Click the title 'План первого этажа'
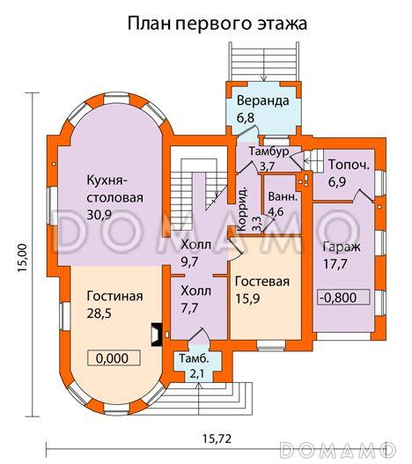point(217,22)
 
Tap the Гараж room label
point(341,247)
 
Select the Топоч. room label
point(348,165)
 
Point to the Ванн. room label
point(282,195)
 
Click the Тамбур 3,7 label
point(269,158)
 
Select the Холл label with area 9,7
point(195,253)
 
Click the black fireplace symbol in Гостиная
point(155,334)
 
